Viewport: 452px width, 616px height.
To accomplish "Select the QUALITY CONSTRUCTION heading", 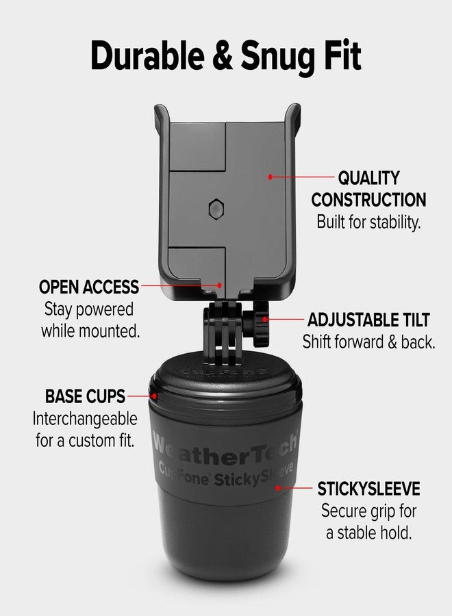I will pos(368,189).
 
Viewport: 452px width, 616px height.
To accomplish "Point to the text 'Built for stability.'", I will pos(368,222).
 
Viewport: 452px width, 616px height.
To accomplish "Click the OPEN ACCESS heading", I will pos(89,287).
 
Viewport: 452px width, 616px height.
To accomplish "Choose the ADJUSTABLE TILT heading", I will pos(368,320).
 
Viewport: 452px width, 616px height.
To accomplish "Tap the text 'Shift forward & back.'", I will pos(368,342).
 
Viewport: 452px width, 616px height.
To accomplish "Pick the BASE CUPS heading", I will pos(85,396).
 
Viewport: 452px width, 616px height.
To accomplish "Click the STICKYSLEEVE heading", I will pos(368,489).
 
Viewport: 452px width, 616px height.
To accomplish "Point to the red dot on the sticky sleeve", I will pos(278,488).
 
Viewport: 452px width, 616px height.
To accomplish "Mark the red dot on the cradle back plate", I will pos(271,177).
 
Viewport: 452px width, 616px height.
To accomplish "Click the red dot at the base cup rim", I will pos(155,396).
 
